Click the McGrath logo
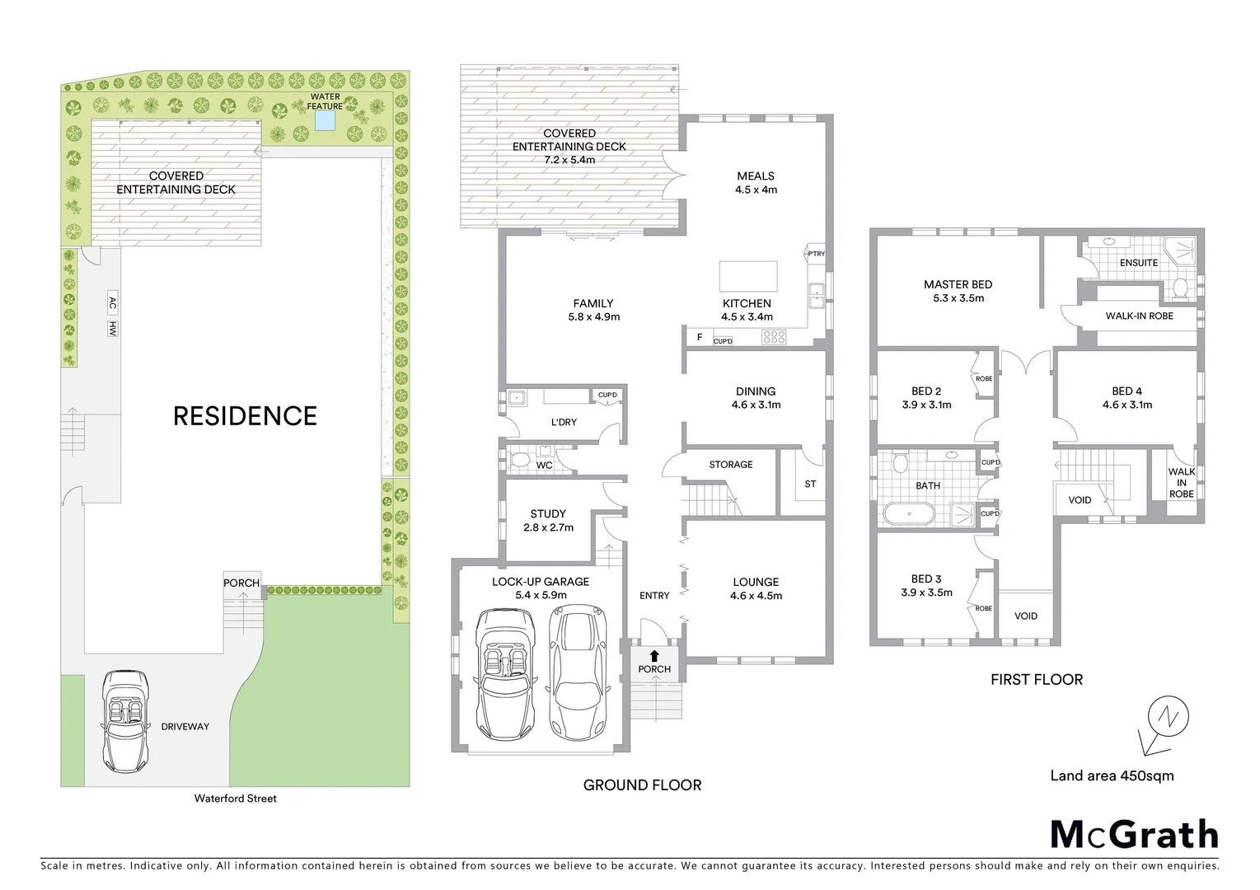1134,834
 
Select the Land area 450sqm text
1112,775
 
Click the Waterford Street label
235,799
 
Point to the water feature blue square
325,121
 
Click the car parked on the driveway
124,719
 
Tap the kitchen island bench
748,274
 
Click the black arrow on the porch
654,656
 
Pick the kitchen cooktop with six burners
775,336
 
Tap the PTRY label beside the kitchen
816,254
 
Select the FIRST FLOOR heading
1037,680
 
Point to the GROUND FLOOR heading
642,785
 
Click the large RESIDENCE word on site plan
245,415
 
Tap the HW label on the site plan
112,329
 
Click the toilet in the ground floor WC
519,460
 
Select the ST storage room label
810,484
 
